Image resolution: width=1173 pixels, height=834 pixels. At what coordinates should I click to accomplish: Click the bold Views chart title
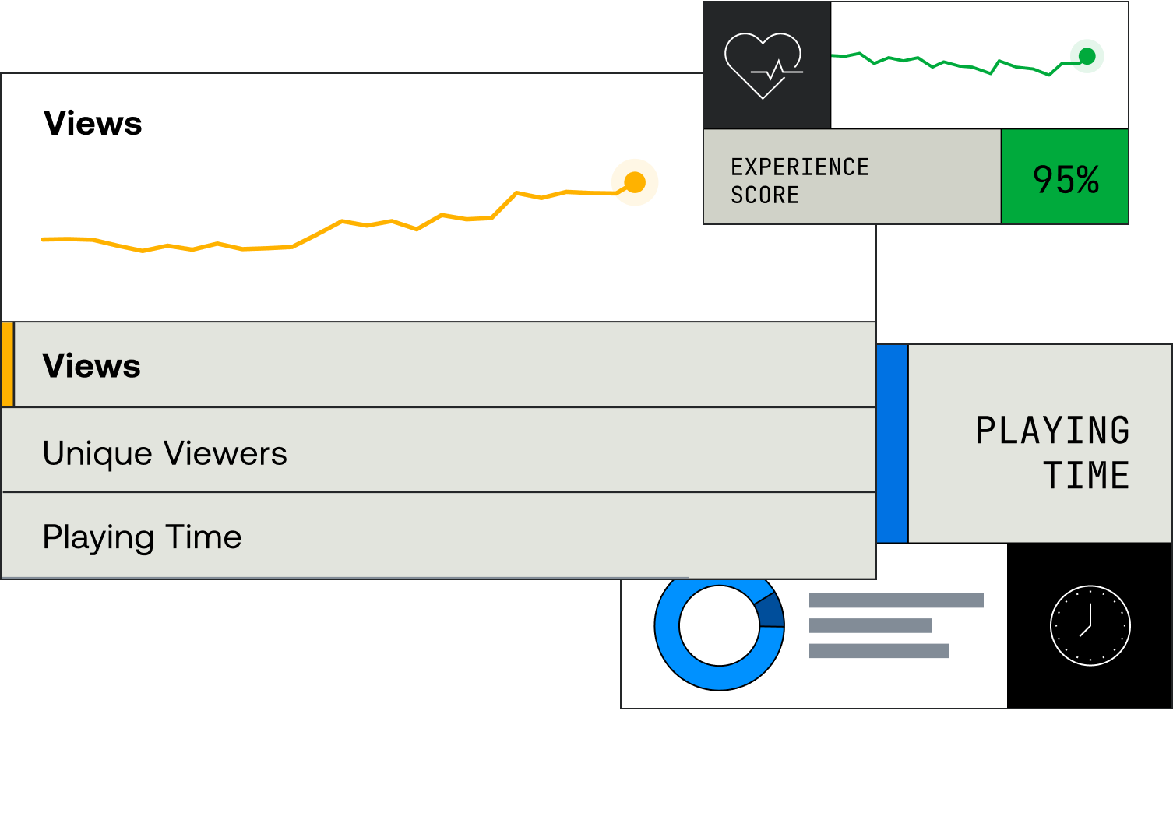click(x=93, y=124)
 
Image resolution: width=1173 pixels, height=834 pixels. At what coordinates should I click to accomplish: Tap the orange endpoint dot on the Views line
click(x=635, y=182)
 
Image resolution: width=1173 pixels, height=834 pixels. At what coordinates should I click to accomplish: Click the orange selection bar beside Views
click(x=7, y=364)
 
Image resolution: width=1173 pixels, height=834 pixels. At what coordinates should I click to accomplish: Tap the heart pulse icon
click(x=764, y=65)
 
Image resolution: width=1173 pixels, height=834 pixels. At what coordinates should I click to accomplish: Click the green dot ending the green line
click(x=1087, y=56)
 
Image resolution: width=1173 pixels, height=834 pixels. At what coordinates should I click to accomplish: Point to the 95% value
click(x=1065, y=179)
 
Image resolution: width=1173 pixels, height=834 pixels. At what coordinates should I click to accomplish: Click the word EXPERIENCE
click(x=799, y=167)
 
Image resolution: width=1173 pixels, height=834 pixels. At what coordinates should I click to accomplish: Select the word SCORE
click(x=765, y=195)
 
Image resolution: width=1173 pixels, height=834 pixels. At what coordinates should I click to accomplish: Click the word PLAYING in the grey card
click(x=1052, y=431)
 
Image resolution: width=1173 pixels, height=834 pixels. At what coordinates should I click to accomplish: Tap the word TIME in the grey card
click(x=1086, y=475)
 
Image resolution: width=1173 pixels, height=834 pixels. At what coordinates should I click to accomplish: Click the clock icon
click(x=1090, y=625)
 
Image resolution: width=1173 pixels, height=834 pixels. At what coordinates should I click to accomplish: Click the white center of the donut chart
click(x=718, y=625)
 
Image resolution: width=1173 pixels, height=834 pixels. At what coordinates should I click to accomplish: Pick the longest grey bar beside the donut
click(x=896, y=600)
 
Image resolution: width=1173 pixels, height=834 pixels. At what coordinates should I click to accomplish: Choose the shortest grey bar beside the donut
click(x=870, y=625)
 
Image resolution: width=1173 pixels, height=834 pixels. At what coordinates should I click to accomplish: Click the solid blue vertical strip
click(x=893, y=444)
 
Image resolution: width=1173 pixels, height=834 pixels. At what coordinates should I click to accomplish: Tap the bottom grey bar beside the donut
click(x=879, y=651)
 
